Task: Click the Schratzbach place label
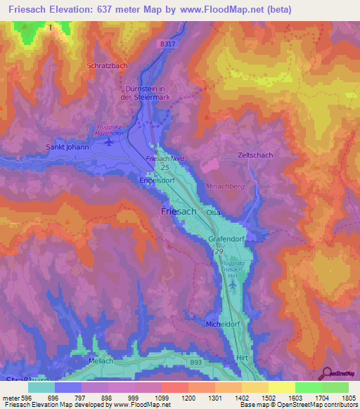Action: [106, 65]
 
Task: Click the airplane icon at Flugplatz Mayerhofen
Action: [108, 143]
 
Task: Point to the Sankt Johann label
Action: [67, 148]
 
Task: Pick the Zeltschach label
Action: [255, 155]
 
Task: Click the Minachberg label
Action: [224, 186]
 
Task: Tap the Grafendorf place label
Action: [225, 240]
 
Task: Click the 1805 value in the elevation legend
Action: [348, 398]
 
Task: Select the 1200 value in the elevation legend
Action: [188, 398]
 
